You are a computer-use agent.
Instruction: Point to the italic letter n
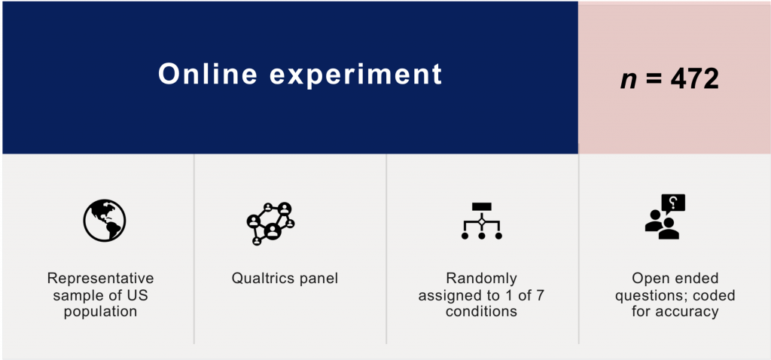tap(629, 81)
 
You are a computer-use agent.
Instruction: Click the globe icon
tap(104, 221)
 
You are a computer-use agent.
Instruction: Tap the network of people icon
tap(270, 223)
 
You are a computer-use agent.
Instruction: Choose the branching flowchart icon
tap(481, 221)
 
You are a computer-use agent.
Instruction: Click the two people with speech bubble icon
tap(665, 217)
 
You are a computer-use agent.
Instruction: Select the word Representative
tap(100, 279)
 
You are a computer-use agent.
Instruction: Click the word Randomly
tap(481, 279)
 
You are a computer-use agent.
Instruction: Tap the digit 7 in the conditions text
tap(539, 295)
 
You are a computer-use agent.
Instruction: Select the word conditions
tap(481, 312)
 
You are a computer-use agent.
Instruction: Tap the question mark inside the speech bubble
tap(674, 202)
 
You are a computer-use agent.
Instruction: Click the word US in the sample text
tap(139, 295)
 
